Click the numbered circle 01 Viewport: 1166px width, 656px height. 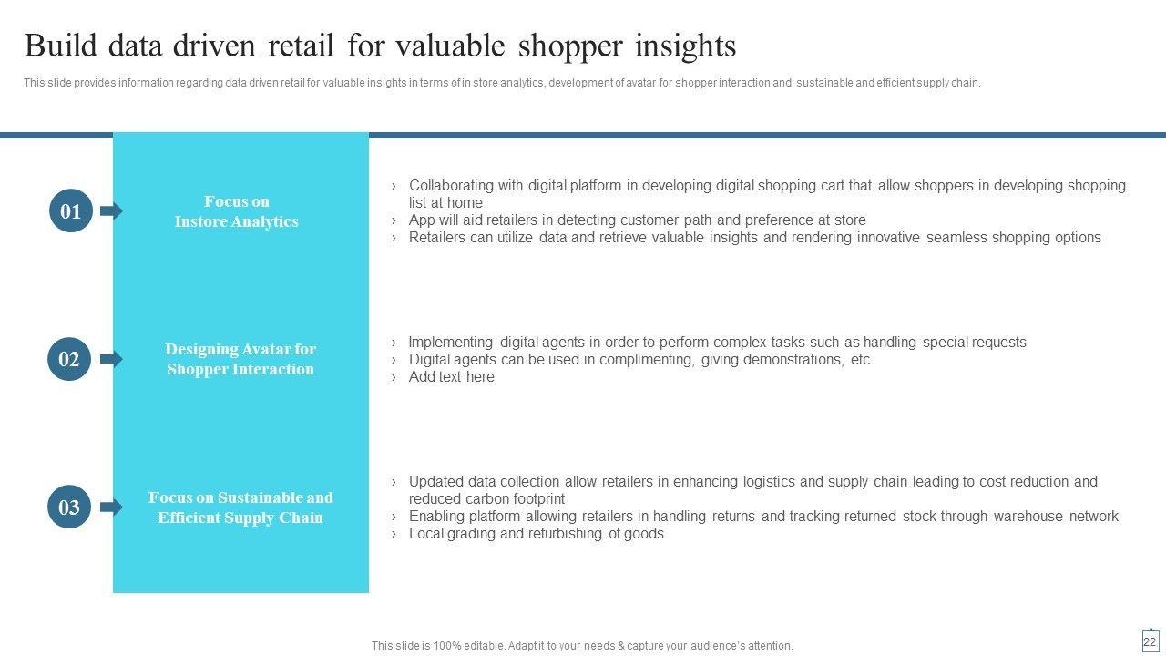coord(71,210)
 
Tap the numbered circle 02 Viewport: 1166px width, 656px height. coord(69,359)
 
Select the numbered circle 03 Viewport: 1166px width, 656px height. coord(69,507)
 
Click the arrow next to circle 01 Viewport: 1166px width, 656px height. coord(111,210)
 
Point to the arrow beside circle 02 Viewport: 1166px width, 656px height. coord(111,359)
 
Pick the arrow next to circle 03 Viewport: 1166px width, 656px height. coord(111,507)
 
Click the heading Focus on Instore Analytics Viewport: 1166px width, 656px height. coord(237,211)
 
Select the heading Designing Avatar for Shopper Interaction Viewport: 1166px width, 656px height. coord(240,359)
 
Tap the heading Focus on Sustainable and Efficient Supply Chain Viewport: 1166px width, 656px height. coord(240,507)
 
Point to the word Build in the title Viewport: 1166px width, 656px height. coord(61,46)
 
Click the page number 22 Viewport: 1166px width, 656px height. coord(1150,642)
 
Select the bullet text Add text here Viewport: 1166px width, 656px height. coord(451,376)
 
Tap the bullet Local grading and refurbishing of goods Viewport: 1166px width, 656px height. coord(537,534)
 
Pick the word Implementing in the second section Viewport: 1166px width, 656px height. coord(451,342)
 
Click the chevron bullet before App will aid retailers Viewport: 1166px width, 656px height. coord(394,220)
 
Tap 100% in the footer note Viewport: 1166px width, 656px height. coord(446,646)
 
